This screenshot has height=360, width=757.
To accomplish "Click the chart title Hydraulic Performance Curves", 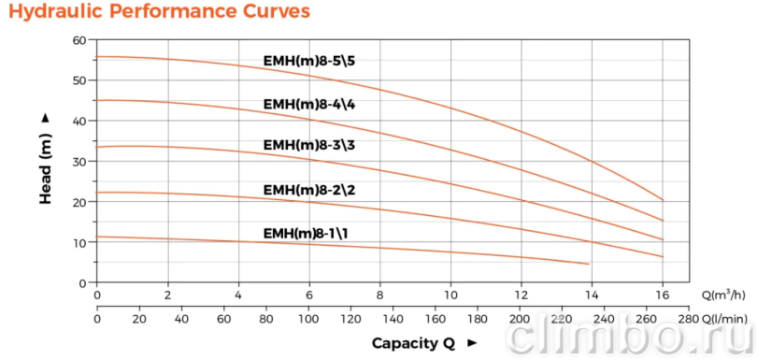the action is pyautogui.click(x=159, y=12).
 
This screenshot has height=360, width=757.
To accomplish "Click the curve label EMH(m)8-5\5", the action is pyautogui.click(x=309, y=62).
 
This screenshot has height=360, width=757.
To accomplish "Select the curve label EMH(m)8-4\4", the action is pyautogui.click(x=309, y=105).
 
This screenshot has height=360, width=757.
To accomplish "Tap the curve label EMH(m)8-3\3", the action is pyautogui.click(x=309, y=145).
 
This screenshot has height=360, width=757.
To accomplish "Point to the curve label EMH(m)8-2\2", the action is pyautogui.click(x=309, y=190).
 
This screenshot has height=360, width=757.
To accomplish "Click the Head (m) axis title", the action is pyautogui.click(x=46, y=159).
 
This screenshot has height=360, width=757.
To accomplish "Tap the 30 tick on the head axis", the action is pyautogui.click(x=81, y=162).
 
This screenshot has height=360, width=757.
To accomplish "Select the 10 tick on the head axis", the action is pyautogui.click(x=81, y=242).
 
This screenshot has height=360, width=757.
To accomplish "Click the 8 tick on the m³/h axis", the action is pyautogui.click(x=380, y=295).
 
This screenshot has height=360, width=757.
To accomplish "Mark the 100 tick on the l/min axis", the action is pyautogui.click(x=308, y=319).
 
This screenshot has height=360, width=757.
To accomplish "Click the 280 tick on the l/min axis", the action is pyautogui.click(x=689, y=319).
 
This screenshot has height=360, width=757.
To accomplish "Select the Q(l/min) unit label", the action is pyautogui.click(x=724, y=319).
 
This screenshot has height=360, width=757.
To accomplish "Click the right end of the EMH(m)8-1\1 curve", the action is pyautogui.click(x=589, y=264).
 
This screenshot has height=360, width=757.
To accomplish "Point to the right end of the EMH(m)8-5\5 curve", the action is pyautogui.click(x=663, y=200).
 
